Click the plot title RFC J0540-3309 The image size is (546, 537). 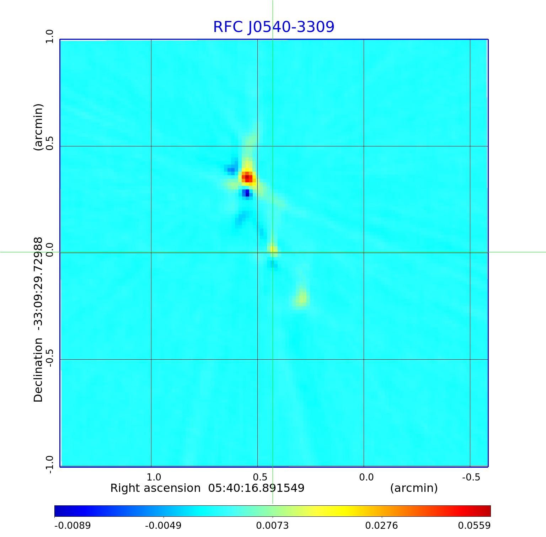(274, 27)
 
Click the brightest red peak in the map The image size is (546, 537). (247, 177)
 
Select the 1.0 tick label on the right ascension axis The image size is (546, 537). (154, 477)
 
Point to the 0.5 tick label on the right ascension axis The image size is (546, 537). (260, 477)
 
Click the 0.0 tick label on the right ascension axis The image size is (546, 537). (366, 477)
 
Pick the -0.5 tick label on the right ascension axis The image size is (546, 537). (471, 477)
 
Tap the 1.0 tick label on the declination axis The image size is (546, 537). (49, 37)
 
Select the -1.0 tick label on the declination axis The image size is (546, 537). (49, 464)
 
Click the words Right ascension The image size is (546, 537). (155, 488)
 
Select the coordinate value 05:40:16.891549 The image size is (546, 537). (256, 488)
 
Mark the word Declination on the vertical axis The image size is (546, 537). (38, 370)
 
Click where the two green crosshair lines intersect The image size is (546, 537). (273, 252)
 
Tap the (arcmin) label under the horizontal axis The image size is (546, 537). (414, 488)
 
